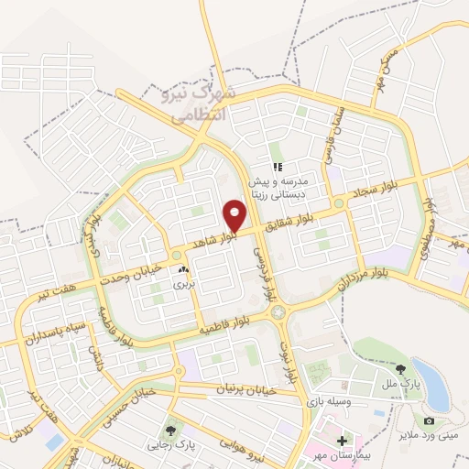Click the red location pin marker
tap(235, 214)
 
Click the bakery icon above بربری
tap(185, 271)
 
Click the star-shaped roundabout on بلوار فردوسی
tap(278, 312)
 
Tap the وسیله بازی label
tap(335, 401)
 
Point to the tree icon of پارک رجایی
tap(170, 430)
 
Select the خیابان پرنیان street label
tap(245, 390)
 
